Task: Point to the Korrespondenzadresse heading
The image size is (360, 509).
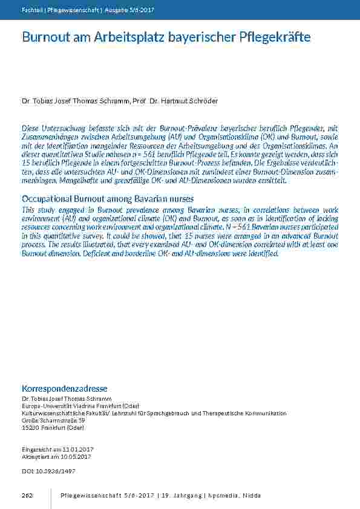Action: pyautogui.click(x=64, y=387)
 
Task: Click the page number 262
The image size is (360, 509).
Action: pyautogui.click(x=27, y=496)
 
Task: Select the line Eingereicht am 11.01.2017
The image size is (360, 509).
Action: pyautogui.click(x=57, y=450)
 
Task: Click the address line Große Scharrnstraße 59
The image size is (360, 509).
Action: pyautogui.click(x=53, y=420)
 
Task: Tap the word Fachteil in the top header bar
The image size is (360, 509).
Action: pyautogui.click(x=31, y=10)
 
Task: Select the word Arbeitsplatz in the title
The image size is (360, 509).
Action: pyautogui.click(x=129, y=37)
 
